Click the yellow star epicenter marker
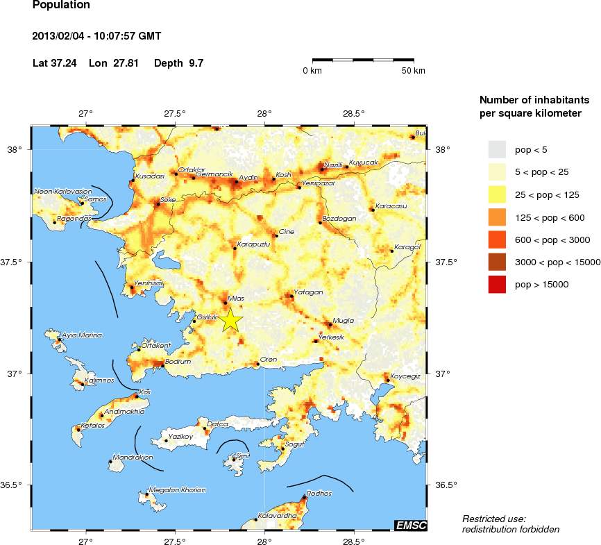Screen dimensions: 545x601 click(231, 321)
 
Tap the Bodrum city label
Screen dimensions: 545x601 click(178, 362)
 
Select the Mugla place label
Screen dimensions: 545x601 click(344, 321)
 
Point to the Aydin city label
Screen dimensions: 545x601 click(248, 178)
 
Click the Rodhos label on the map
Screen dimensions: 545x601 click(320, 494)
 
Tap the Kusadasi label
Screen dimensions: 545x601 click(149, 176)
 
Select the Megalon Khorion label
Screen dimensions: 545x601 click(178, 490)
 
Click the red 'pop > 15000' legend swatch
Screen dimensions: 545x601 click(497, 284)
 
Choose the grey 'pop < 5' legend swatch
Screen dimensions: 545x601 click(497, 149)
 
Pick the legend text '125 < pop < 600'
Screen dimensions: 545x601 click(549, 218)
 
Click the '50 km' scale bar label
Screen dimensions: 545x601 click(414, 71)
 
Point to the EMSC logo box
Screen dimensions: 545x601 click(410, 526)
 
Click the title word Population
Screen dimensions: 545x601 click(61, 5)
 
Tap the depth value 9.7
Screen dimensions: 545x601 click(195, 63)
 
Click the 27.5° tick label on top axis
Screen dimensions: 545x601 click(175, 113)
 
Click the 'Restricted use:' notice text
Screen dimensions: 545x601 click(494, 519)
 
